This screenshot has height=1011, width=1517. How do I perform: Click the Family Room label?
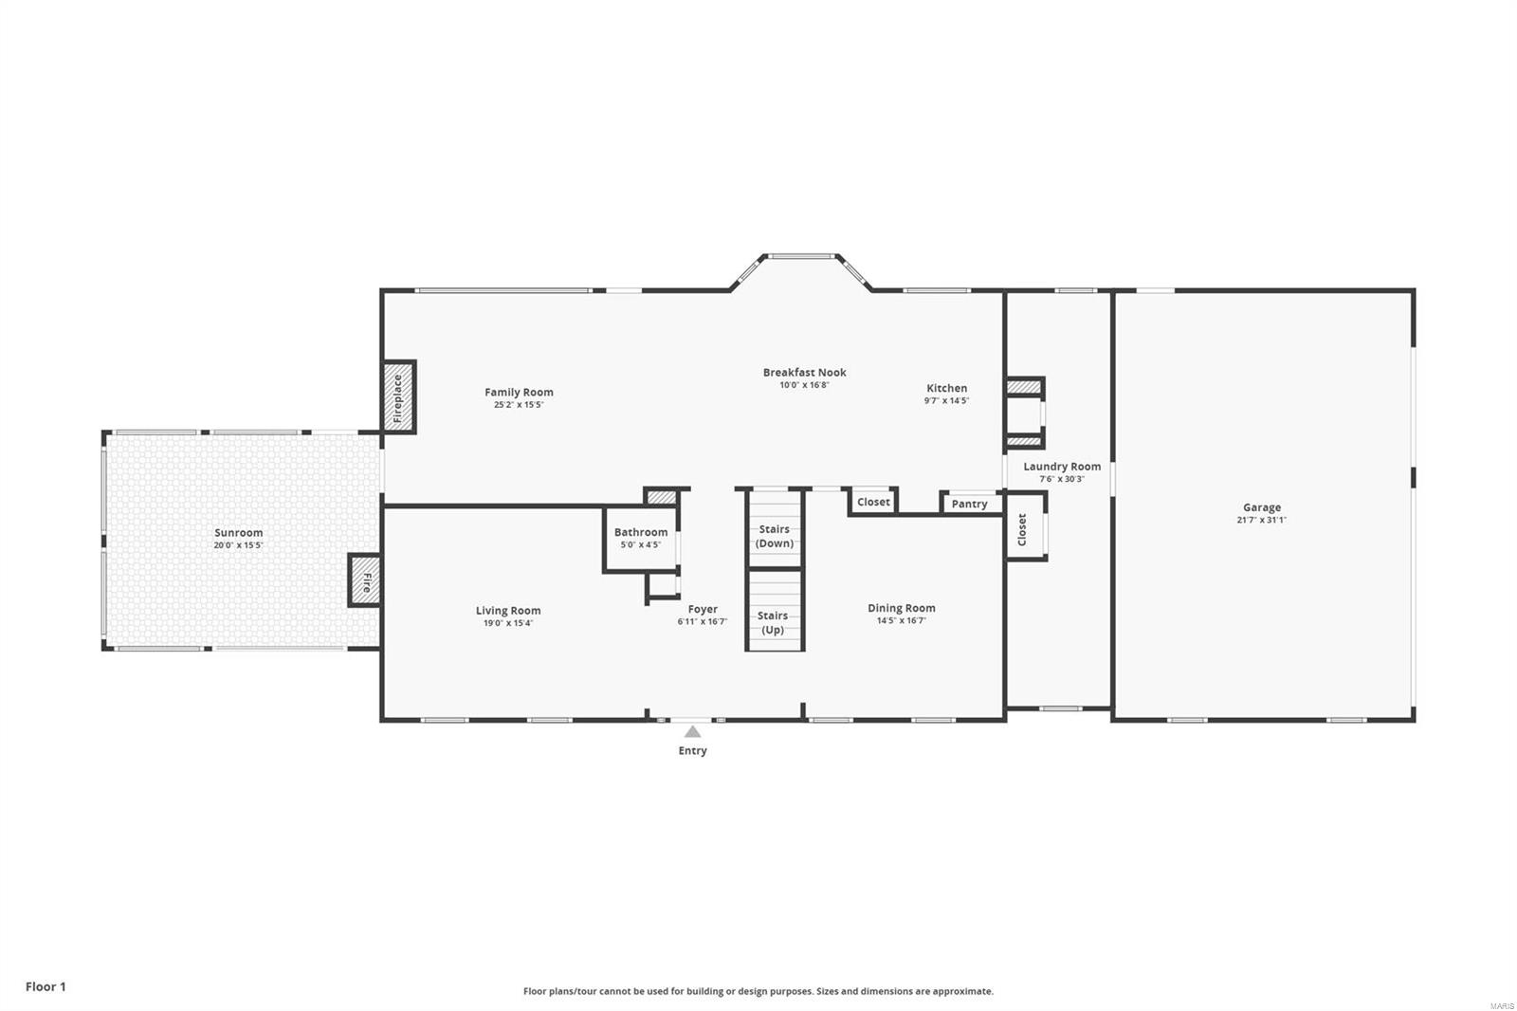tap(519, 392)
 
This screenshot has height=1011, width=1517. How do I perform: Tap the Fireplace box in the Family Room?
tap(398, 398)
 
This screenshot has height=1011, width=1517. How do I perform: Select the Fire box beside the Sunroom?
tap(365, 580)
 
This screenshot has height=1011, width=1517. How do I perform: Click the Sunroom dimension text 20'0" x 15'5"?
tap(238, 545)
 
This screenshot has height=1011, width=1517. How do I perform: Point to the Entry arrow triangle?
tap(693, 731)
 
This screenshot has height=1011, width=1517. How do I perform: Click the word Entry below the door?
tap(692, 750)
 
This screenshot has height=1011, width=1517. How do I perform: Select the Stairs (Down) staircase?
tap(775, 527)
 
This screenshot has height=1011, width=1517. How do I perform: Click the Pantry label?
tap(969, 504)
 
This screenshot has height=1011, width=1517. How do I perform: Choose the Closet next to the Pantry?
tap(873, 502)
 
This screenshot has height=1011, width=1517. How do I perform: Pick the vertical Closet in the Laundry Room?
tap(1022, 529)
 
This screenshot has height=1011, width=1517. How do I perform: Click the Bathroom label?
tap(641, 532)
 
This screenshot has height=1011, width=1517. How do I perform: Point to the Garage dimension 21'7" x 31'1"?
tap(1261, 520)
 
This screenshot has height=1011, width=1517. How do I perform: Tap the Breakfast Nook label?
tap(804, 372)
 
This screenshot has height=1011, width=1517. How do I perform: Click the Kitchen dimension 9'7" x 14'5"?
tap(946, 401)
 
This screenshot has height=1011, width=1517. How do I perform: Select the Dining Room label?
tap(901, 608)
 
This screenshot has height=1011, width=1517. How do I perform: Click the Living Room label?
tap(508, 611)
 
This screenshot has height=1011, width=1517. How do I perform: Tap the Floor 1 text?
tap(46, 986)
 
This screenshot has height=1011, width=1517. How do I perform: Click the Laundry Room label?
tap(1062, 466)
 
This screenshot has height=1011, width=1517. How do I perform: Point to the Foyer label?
tap(703, 610)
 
